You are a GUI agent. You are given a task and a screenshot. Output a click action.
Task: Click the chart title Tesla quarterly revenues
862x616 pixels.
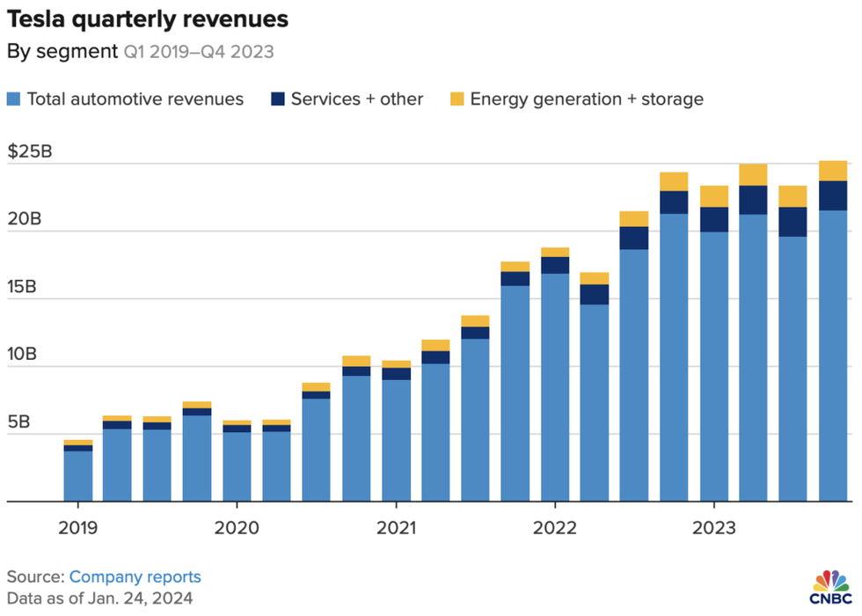pyautogui.click(x=147, y=18)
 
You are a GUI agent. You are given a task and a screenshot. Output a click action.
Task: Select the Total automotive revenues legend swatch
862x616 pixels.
pyautogui.click(x=15, y=99)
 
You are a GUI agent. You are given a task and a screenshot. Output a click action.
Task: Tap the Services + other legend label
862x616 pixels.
pyautogui.click(x=357, y=99)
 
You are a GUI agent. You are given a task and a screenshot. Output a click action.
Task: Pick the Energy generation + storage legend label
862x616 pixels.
pyautogui.click(x=587, y=99)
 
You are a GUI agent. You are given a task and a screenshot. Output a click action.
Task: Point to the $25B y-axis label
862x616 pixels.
pyautogui.click(x=30, y=151)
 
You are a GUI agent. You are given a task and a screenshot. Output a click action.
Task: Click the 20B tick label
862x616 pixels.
pyautogui.click(x=25, y=219)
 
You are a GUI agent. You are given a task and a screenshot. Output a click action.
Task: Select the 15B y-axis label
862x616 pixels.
pyautogui.click(x=25, y=287)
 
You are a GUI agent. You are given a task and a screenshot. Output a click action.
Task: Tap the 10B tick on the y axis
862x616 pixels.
pyautogui.click(x=25, y=355)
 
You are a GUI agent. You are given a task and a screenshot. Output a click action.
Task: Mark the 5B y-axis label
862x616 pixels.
pyautogui.click(x=21, y=422)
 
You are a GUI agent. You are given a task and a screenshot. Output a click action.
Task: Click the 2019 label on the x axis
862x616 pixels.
pyautogui.click(x=77, y=528)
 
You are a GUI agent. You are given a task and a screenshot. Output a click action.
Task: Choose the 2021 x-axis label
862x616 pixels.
pyautogui.click(x=396, y=528)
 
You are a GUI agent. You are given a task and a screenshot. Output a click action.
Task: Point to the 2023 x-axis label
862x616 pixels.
pyautogui.click(x=713, y=528)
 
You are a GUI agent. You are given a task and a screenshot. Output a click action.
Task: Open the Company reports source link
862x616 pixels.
pyautogui.click(x=135, y=577)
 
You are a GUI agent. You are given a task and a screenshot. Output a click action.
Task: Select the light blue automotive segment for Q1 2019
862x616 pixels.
pyautogui.click(x=77, y=476)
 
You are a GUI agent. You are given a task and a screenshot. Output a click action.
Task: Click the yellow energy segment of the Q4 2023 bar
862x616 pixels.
pyautogui.click(x=833, y=171)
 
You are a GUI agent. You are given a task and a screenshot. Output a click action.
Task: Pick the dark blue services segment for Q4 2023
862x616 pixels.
pyautogui.click(x=833, y=195)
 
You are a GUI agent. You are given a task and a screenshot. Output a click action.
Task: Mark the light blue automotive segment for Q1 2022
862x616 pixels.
pyautogui.click(x=554, y=387)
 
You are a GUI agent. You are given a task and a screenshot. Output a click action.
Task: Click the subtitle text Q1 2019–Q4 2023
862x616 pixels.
pyautogui.click(x=198, y=52)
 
